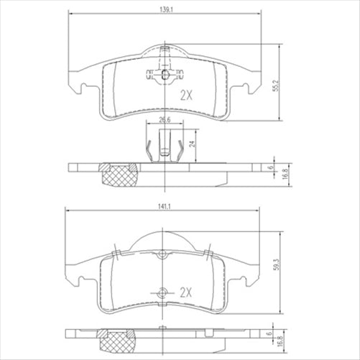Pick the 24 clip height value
tap(193, 143)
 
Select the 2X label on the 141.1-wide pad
tap(187, 292)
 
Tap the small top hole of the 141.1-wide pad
tap(165, 253)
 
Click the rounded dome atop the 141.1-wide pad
tap(165, 236)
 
